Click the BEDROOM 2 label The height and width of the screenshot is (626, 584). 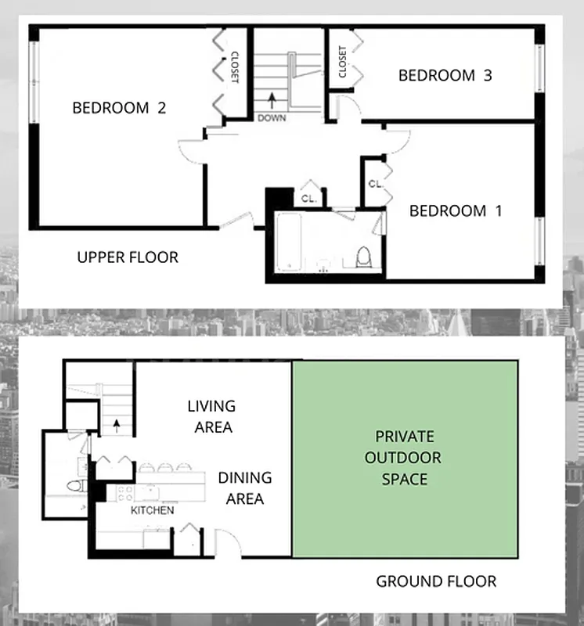point(119,108)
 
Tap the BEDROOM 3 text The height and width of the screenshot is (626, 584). point(445,75)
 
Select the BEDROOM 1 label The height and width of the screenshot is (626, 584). point(456,210)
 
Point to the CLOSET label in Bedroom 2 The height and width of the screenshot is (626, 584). point(234,67)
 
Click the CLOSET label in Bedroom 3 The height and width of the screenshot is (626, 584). point(342,62)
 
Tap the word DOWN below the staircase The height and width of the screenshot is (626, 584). point(272,118)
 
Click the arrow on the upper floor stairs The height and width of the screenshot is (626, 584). point(272,99)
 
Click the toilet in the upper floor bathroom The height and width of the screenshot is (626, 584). point(362,257)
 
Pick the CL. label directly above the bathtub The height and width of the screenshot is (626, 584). point(308,199)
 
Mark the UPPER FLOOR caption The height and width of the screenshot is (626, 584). point(128,257)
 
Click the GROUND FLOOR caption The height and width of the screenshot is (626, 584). point(436,581)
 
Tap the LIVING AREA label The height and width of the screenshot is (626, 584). point(211,416)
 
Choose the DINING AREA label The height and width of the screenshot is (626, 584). point(245,487)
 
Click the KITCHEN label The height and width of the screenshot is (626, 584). point(152,510)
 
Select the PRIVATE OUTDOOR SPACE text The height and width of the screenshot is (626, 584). point(403,457)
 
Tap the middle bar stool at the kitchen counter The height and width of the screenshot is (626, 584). point(166,468)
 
